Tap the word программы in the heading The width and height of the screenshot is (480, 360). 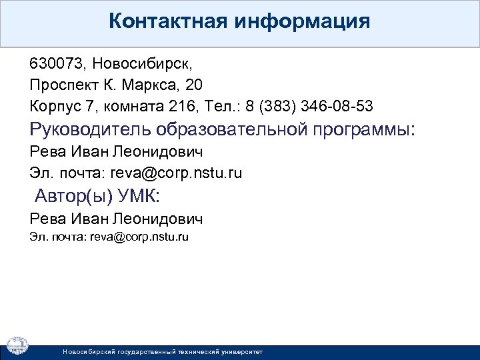coord(367,128)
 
